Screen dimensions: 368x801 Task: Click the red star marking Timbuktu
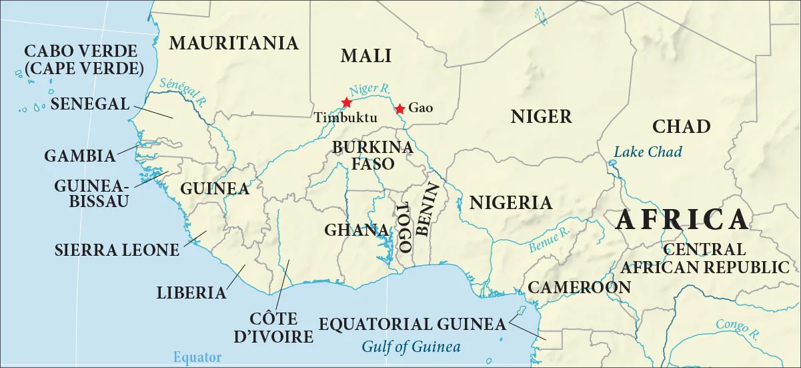pyautogui.click(x=346, y=102)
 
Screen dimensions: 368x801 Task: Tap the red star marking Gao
pyautogui.click(x=399, y=109)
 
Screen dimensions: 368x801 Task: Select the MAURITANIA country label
pyautogui.click(x=233, y=43)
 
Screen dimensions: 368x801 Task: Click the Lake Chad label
pyautogui.click(x=648, y=152)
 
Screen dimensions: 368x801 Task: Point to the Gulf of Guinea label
pyautogui.click(x=411, y=347)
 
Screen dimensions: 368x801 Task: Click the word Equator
pyautogui.click(x=197, y=357)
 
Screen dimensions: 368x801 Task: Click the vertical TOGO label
pyautogui.click(x=402, y=228)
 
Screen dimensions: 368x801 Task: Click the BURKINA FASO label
pyautogui.click(x=363, y=154)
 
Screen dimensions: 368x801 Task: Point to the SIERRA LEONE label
pyautogui.click(x=117, y=250)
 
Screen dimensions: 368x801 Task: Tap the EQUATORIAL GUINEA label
pyautogui.click(x=412, y=325)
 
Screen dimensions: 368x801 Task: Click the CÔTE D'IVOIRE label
pyautogui.click(x=273, y=327)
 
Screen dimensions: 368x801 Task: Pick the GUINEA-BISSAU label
pyautogui.click(x=91, y=193)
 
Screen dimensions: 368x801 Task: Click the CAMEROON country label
pyautogui.click(x=579, y=287)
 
